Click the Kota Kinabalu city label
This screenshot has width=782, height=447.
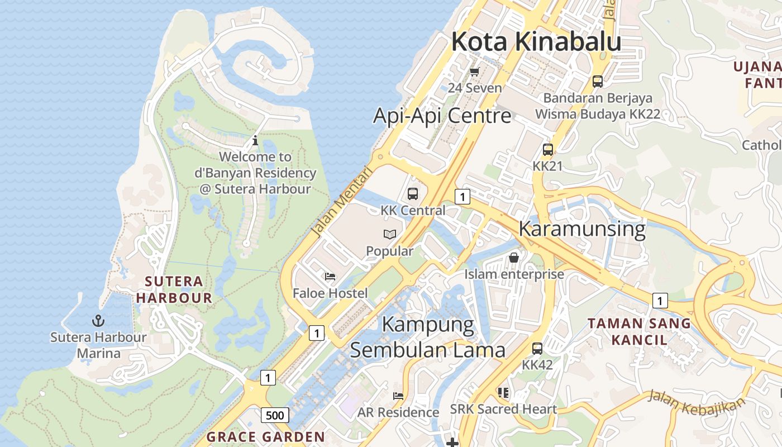536,42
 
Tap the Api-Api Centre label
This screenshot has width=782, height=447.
442,116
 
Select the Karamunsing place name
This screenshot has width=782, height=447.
581,229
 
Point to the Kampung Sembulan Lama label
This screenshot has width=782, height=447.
427,337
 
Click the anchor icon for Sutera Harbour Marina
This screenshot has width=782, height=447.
98,321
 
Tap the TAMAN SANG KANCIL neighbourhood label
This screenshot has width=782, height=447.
639,331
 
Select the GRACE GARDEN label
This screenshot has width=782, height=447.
266,437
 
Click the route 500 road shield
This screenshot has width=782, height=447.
275,415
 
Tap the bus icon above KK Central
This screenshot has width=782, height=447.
413,194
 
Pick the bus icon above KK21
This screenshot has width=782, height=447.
548,150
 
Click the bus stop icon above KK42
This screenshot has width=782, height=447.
537,349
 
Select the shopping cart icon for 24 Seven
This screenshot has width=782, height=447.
475,72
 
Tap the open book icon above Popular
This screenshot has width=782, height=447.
389,235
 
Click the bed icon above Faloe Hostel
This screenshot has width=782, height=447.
330,277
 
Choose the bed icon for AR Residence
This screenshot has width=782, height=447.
398,396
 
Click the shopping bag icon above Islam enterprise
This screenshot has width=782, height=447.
514,258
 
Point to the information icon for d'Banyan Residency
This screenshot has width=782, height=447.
255,140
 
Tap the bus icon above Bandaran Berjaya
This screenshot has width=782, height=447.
598,82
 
